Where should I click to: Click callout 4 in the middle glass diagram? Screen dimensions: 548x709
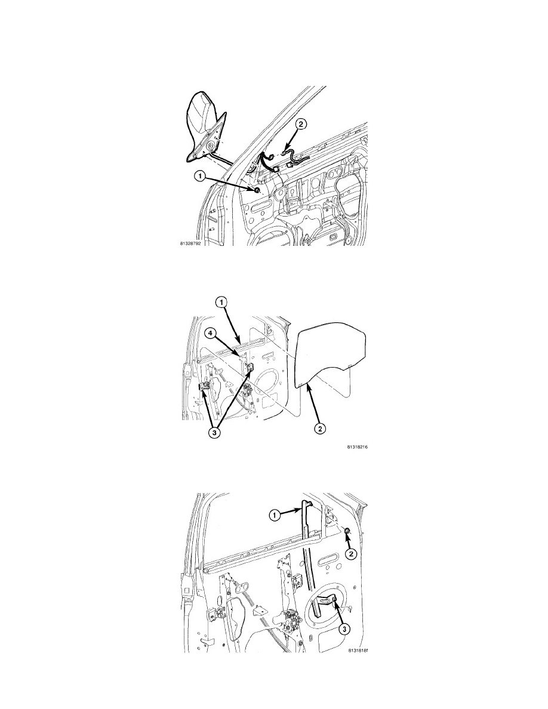pos(210,334)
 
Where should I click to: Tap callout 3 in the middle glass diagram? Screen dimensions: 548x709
pos(215,432)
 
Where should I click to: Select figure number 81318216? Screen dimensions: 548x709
pos(358,446)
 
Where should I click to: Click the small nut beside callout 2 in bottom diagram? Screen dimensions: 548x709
pos(347,531)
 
